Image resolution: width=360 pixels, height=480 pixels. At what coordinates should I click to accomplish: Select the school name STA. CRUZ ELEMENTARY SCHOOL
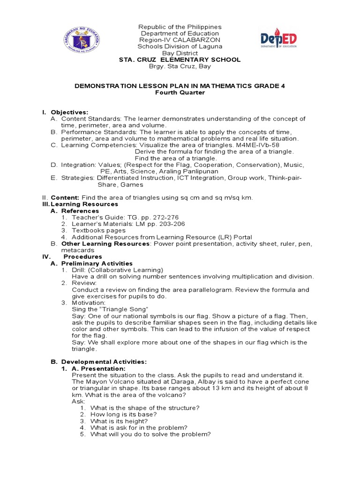click(x=180, y=60)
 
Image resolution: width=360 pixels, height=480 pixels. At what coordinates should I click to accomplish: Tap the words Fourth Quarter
click(x=180, y=92)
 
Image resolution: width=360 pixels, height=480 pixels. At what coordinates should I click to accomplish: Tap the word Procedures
click(x=82, y=257)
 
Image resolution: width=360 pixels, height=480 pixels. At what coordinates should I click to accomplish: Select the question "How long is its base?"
click(x=123, y=414)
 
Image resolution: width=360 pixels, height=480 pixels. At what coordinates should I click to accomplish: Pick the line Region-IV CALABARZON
click(x=180, y=40)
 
